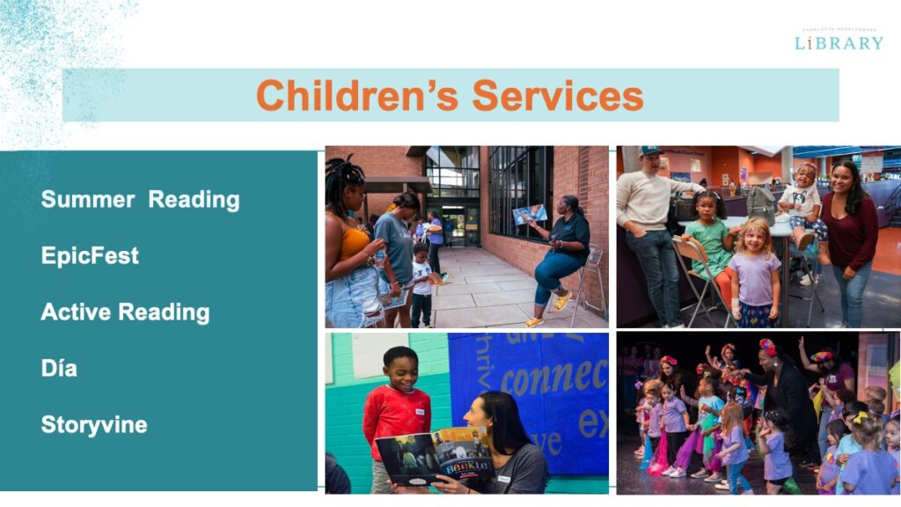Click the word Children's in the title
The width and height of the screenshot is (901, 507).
[x=357, y=95]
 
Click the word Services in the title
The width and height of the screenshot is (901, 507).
[x=557, y=95]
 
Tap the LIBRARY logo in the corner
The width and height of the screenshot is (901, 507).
[x=839, y=40]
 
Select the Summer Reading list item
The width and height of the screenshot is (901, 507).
[x=140, y=200]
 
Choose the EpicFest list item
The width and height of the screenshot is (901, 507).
[x=90, y=256]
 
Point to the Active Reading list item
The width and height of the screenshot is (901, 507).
[x=125, y=312]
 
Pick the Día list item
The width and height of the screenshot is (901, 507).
[x=59, y=368]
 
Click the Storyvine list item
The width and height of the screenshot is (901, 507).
[x=94, y=425]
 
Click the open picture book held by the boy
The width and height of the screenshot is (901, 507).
[x=433, y=457]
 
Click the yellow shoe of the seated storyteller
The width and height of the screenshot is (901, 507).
[x=562, y=300]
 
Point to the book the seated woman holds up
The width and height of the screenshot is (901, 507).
[x=529, y=214]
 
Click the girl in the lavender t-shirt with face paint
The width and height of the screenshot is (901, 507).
[x=754, y=275]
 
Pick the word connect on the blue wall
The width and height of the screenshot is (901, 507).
[x=554, y=378]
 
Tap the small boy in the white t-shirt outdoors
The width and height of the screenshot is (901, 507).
[x=422, y=284]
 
